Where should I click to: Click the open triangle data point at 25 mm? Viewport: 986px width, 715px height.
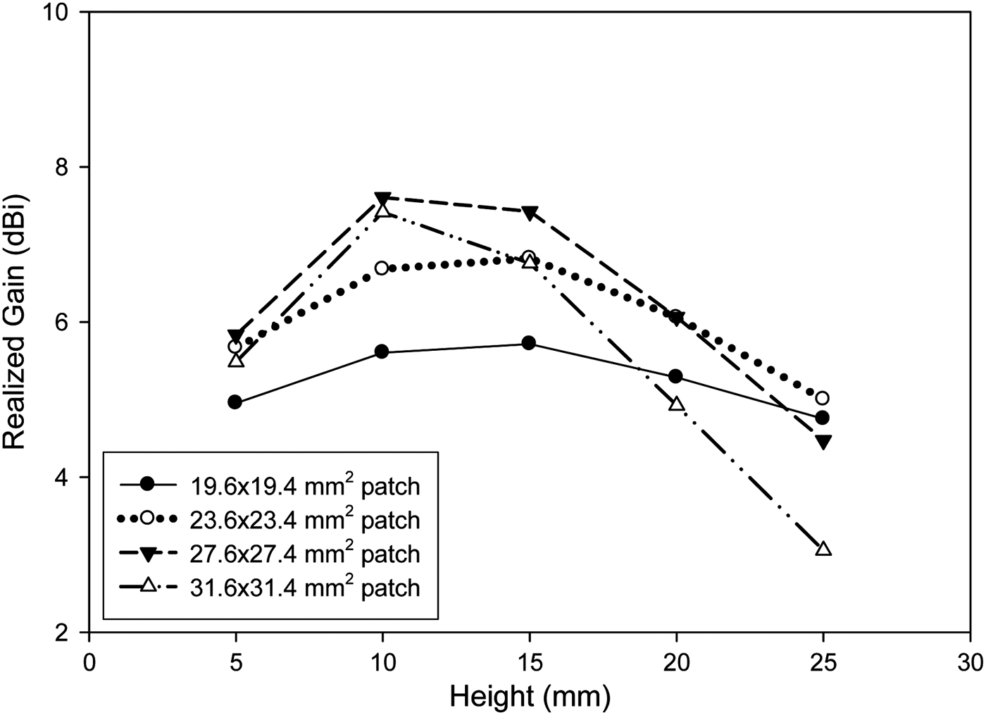pyautogui.click(x=823, y=549)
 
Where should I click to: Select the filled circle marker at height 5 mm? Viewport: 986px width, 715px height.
pyautogui.click(x=235, y=402)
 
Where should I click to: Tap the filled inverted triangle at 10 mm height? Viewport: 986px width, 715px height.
pyautogui.click(x=382, y=199)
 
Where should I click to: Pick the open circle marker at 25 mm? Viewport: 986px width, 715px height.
pyautogui.click(x=822, y=398)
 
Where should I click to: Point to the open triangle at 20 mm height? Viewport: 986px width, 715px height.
pyautogui.click(x=676, y=404)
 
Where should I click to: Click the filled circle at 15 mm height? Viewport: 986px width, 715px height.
pyautogui.click(x=529, y=343)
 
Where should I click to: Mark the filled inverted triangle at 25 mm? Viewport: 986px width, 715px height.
pyautogui.click(x=823, y=442)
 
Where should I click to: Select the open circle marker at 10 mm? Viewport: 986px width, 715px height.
pyautogui.click(x=382, y=268)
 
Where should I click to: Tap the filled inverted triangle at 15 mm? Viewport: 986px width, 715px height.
pyautogui.click(x=530, y=212)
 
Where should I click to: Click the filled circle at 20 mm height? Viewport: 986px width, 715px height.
pyautogui.click(x=675, y=376)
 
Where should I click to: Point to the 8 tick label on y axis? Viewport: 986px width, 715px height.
pyautogui.click(x=68, y=168)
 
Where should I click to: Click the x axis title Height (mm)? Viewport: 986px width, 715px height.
pyautogui.click(x=530, y=697)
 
